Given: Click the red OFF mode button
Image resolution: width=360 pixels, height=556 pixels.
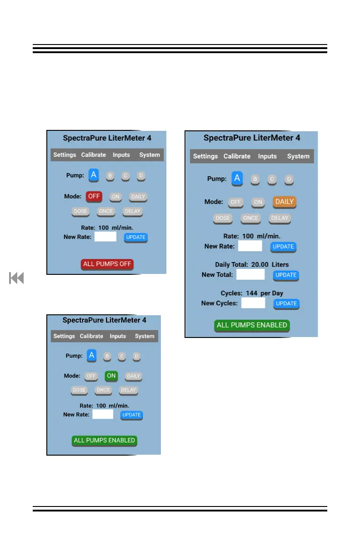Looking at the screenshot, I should (x=94, y=197).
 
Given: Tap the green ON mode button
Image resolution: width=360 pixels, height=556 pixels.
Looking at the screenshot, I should (x=111, y=376).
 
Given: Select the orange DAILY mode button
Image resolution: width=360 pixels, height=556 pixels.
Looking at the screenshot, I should (x=285, y=202).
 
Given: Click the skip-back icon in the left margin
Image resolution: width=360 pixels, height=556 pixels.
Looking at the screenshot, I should (x=16, y=278).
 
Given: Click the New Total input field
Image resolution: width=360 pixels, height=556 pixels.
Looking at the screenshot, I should (x=250, y=274).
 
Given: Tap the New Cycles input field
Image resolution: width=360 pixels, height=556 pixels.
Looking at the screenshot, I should (x=253, y=303).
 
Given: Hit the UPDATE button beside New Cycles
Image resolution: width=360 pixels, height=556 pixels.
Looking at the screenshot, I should (x=286, y=303).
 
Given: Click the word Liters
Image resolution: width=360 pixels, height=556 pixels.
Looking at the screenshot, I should (x=280, y=264).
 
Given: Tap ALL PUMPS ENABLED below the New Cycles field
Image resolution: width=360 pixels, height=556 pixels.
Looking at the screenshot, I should (x=252, y=325).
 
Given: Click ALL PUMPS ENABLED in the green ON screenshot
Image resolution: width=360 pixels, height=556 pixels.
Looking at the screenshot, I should (x=105, y=440).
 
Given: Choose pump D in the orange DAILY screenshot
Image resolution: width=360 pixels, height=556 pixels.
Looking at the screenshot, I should (x=289, y=179).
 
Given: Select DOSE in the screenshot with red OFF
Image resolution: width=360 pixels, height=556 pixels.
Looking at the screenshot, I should (x=80, y=211).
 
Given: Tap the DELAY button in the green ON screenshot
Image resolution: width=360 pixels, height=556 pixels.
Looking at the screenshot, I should (x=128, y=390).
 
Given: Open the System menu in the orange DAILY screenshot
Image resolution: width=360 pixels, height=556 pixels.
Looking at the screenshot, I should (x=298, y=156).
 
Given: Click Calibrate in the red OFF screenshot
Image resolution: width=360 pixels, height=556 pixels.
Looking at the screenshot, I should (x=94, y=155).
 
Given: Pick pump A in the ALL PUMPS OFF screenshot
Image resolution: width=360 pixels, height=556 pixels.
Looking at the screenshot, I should (x=94, y=175).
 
